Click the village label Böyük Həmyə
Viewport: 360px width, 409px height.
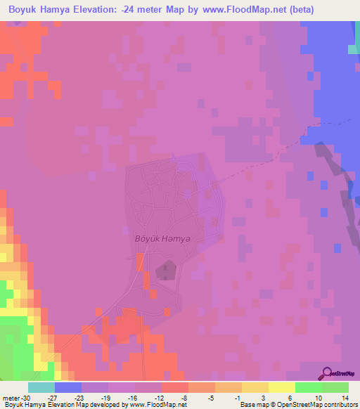click(x=162, y=238)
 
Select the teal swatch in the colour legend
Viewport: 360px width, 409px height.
click(x=41, y=387)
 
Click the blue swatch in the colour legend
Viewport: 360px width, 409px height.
click(x=68, y=387)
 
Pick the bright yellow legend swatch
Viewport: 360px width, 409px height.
click(x=282, y=387)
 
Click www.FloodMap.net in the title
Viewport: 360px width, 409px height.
click(x=236, y=10)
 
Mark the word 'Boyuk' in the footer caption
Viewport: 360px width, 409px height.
click(x=14, y=405)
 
